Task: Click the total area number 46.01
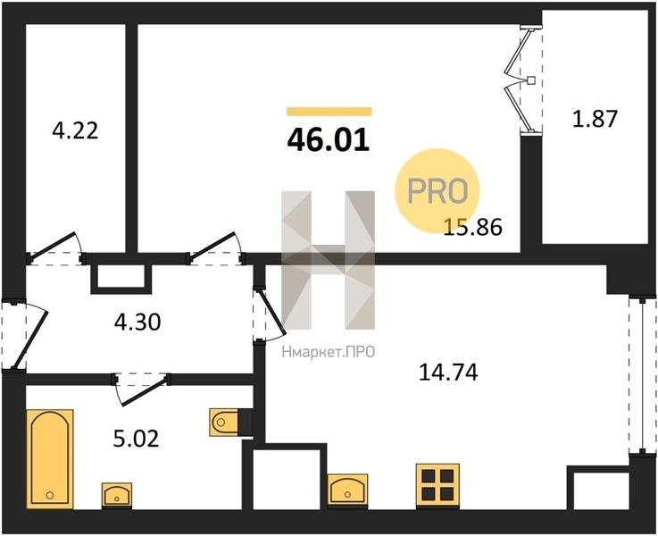[329, 139]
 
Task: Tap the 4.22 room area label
[76, 130]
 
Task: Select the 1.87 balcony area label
[595, 118]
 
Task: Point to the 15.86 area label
[473, 228]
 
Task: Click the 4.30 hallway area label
[137, 322]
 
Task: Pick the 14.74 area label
[448, 373]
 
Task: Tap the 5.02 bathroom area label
[137, 439]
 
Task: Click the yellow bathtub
[50, 459]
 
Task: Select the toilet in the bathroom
[226, 422]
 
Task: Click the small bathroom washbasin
[117, 495]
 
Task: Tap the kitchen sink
[347, 490]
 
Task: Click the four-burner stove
[437, 486]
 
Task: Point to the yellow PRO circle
[437, 191]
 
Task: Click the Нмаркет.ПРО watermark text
[329, 352]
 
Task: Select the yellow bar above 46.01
[329, 112]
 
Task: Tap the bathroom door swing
[142, 389]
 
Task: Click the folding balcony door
[523, 80]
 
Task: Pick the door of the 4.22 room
[55, 247]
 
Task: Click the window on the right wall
[642, 376]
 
